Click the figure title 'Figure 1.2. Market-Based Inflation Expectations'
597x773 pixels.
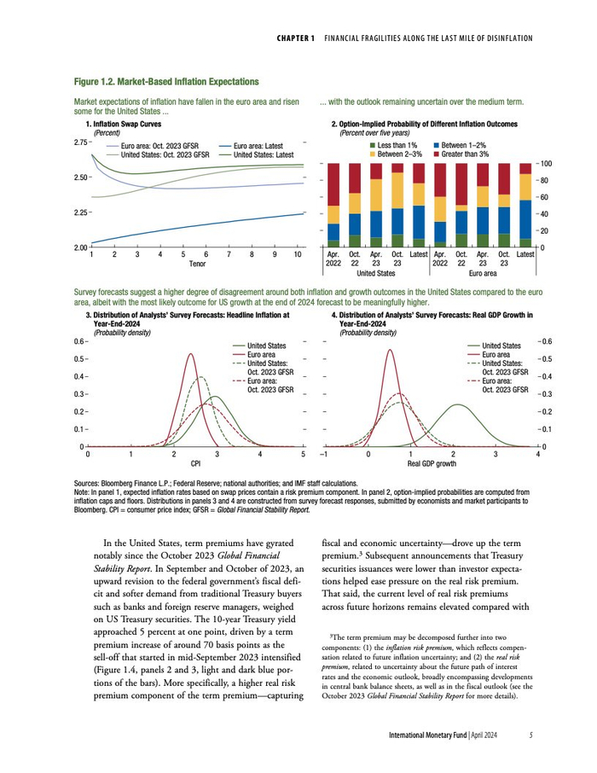tap(166, 82)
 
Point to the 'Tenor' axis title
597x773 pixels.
tap(196, 264)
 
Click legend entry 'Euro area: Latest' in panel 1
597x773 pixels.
tap(258, 146)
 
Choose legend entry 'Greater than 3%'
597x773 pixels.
tap(465, 154)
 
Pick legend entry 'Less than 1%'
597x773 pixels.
tap(397, 145)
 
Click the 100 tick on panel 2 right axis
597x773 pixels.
tap(547, 163)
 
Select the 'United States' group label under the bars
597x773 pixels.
tap(375, 273)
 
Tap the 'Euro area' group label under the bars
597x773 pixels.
tap(482, 273)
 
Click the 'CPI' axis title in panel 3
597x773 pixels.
tap(195, 465)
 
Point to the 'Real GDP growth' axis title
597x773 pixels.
tap(432, 465)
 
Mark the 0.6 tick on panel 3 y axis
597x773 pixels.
tap(81, 342)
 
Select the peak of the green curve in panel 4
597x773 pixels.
tap(458, 404)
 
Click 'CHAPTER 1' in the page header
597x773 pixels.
tap(297, 38)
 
